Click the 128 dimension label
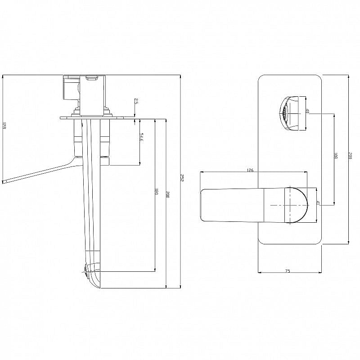tap(4, 127)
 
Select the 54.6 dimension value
tap(141, 138)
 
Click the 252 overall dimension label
tap(182, 178)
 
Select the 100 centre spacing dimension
tap(336, 156)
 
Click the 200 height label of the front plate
tap(350, 156)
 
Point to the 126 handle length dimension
tap(250, 171)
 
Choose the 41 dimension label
tap(318, 203)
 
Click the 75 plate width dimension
tap(287, 271)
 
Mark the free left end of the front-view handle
tap(202, 205)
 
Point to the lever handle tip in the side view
tap(5, 181)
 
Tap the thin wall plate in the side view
tap(97, 118)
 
